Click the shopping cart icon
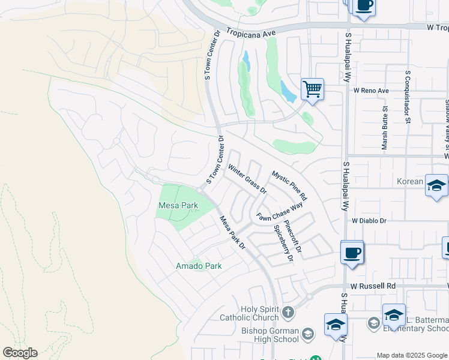[312, 89]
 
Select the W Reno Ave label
[371, 91]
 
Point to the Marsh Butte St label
[385, 128]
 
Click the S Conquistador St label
[408, 96]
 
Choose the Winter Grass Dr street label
[246, 179]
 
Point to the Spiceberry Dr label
[283, 244]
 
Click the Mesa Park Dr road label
[232, 232]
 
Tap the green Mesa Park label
[178, 205]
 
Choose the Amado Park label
[198, 266]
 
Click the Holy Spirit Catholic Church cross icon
[289, 312]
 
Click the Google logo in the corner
[20, 353]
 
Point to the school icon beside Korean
[436, 185]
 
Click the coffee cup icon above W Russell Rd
[352, 252]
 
